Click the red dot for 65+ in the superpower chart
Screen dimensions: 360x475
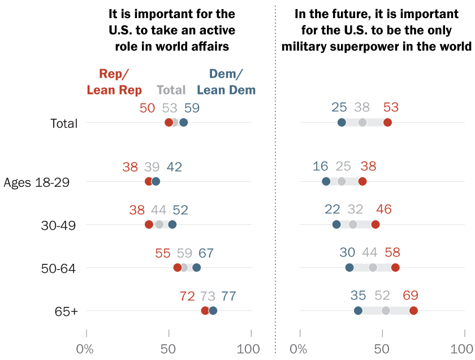pos(413,311)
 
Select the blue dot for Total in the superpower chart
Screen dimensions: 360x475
pos(342,122)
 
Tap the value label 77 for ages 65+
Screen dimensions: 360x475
pos(228,296)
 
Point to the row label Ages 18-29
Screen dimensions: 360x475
pos(36,182)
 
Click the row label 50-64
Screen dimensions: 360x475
pos(59,268)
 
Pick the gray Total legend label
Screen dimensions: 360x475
pos(171,90)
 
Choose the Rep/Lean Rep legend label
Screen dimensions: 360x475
pos(114,82)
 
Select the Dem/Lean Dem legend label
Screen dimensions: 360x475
pos(226,82)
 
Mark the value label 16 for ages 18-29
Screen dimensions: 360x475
pos(321,166)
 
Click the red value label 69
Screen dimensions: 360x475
pos(411,296)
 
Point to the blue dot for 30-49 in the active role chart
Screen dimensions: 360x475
pos(172,225)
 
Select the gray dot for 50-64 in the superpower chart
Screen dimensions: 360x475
pos(373,268)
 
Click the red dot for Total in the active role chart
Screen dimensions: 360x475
pos(169,122)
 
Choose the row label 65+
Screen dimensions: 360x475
pos(67,311)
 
